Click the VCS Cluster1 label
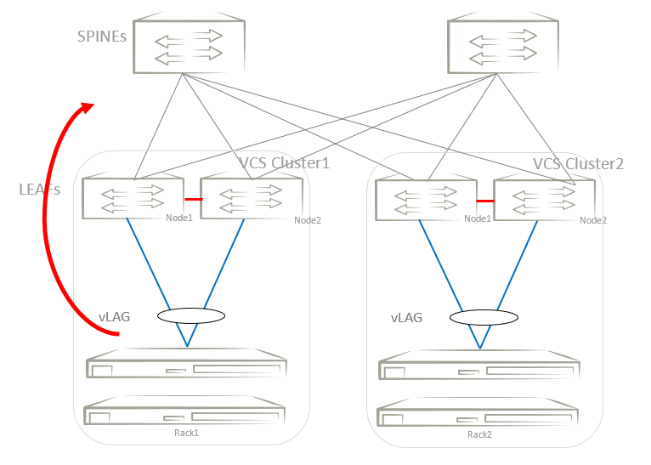pos(283,163)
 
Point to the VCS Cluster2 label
pos(578,163)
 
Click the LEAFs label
pos(40,190)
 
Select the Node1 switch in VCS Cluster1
pos(133,197)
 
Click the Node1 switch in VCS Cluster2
pos(425,199)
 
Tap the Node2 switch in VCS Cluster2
pos(543,199)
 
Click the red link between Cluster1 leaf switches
pos(192,199)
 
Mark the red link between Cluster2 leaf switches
pos(485,201)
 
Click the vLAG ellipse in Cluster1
pos(191,315)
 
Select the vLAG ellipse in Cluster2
pos(484,317)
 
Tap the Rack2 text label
pos(479,434)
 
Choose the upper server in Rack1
pos(187,366)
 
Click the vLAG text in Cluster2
pos(406,318)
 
